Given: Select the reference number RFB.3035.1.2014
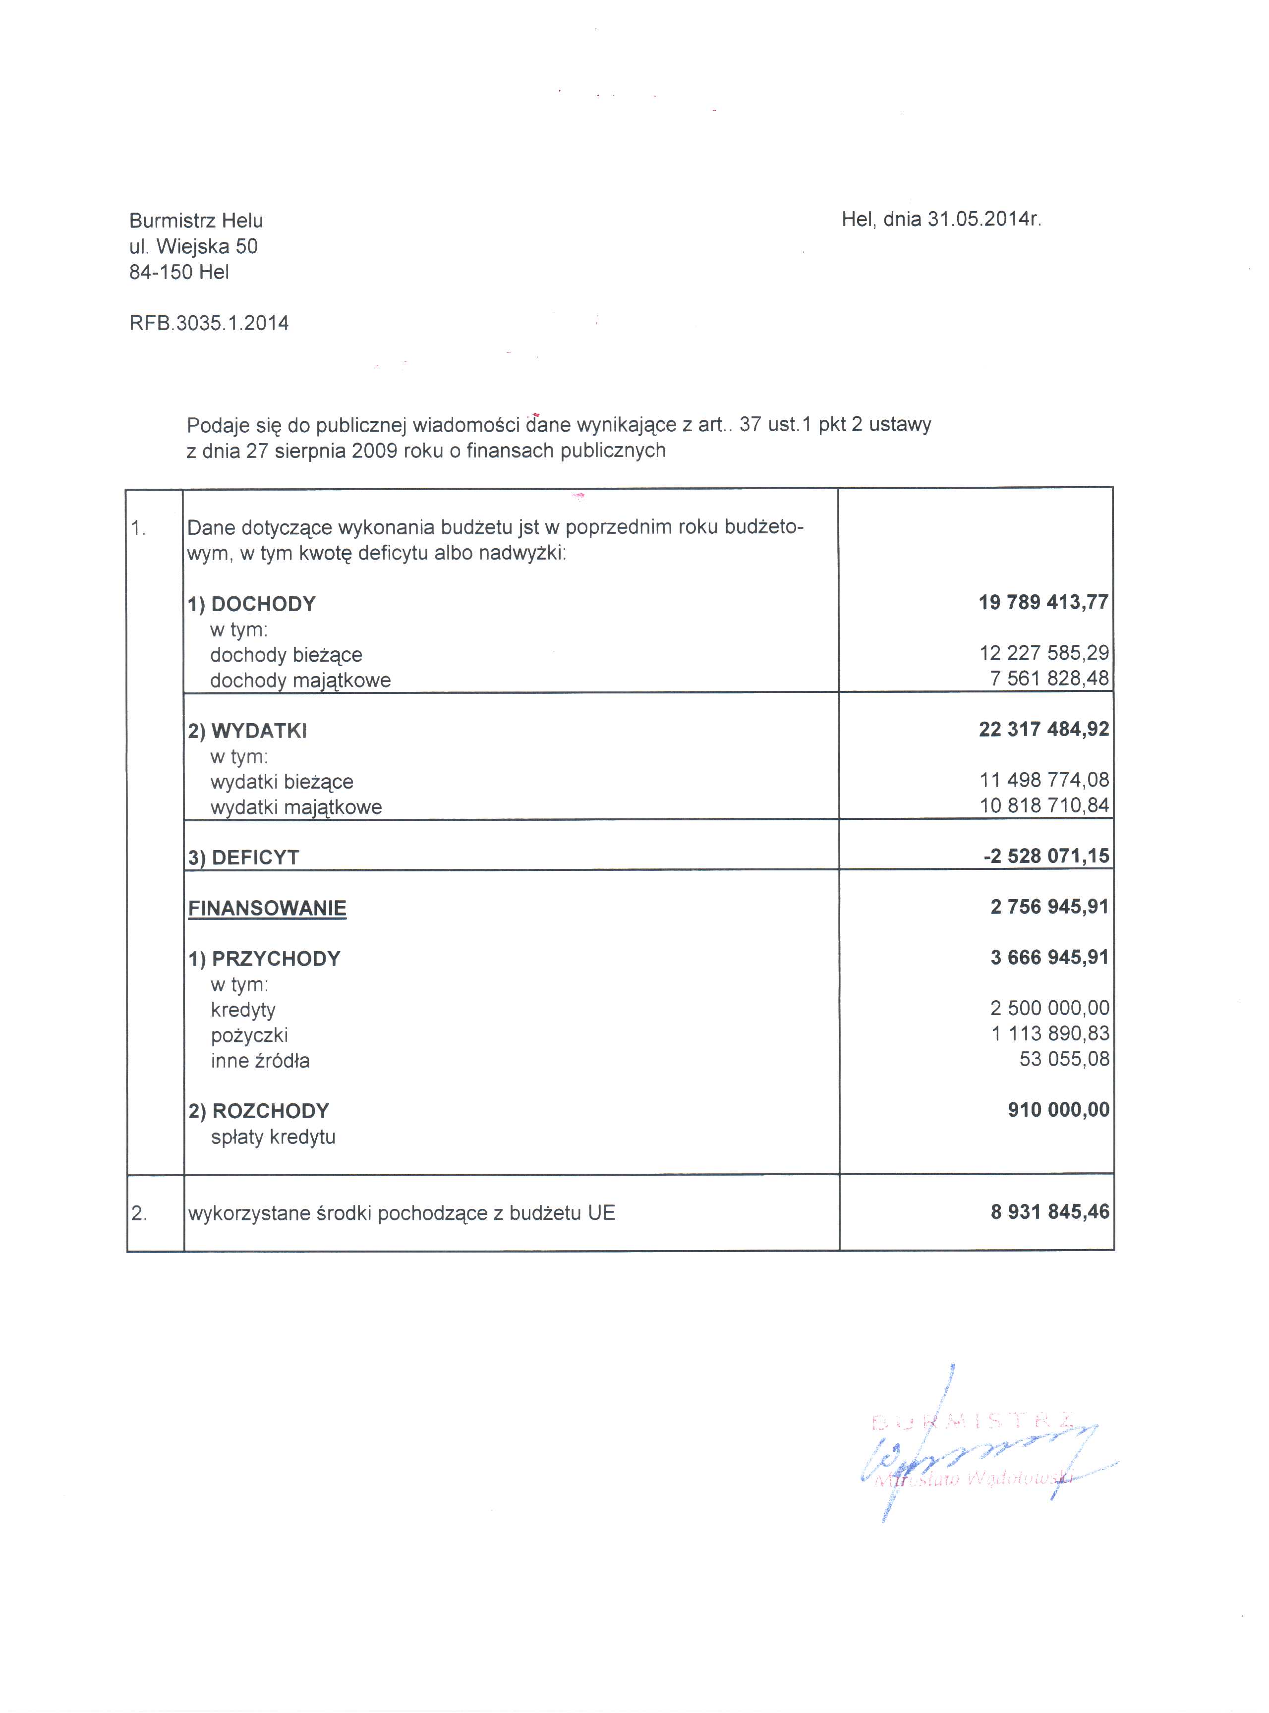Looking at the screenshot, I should (209, 323).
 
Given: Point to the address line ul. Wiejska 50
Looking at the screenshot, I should (194, 246).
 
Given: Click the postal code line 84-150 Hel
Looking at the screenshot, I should (179, 273).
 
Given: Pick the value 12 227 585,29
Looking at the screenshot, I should (1044, 653).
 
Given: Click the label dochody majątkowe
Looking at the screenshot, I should (300, 681).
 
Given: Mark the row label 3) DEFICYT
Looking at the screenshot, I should (243, 857).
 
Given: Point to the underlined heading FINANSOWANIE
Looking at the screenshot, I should (267, 908).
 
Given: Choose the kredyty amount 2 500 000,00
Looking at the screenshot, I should (1049, 1008).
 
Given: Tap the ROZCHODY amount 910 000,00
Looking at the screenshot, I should (1058, 1109).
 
